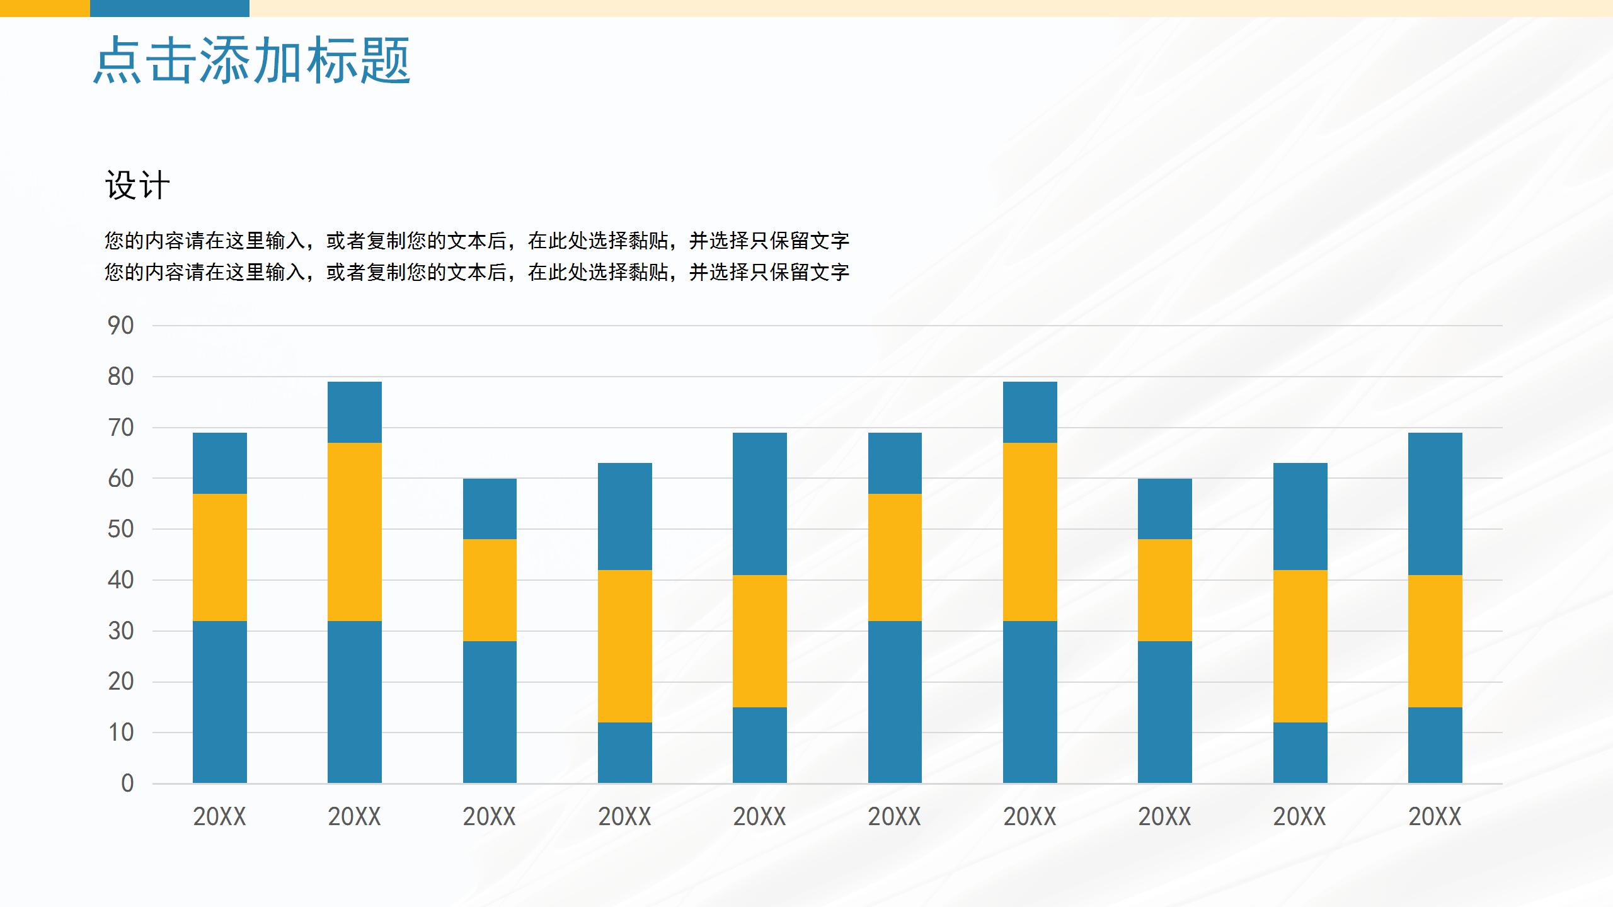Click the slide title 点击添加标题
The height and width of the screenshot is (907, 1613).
(252, 60)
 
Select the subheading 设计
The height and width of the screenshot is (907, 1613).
(137, 186)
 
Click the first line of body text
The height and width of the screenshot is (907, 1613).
(477, 241)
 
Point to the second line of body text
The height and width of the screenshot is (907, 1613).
(477, 272)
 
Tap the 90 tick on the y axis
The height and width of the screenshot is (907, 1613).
(121, 326)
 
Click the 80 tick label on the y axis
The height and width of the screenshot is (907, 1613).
(121, 377)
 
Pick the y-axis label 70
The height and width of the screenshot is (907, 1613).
(121, 428)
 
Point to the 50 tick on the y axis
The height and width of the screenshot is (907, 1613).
(121, 529)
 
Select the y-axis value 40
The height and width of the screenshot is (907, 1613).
(121, 580)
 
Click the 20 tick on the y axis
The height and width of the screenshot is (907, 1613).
(121, 682)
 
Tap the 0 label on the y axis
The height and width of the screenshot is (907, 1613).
(127, 784)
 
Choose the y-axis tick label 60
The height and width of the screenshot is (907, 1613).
(121, 479)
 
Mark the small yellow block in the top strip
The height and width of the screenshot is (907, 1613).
(45, 8)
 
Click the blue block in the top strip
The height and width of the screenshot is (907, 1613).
(169, 8)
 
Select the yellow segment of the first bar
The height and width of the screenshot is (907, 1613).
(220, 557)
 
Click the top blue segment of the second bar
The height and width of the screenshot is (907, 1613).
(355, 412)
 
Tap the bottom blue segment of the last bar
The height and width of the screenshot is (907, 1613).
(1435, 745)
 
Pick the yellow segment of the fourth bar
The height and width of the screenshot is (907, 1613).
(625, 646)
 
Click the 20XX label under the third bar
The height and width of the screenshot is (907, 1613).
(490, 817)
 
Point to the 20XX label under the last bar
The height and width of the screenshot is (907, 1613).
(1435, 817)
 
